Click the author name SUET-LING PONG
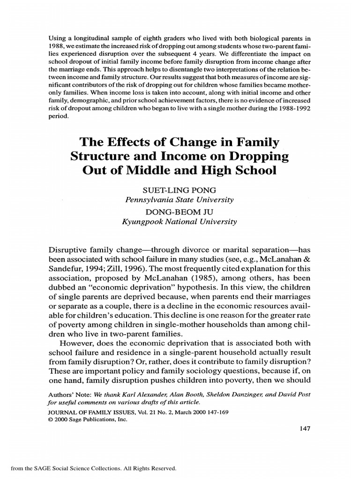pyautogui.click(x=180, y=191)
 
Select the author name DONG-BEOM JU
pyautogui.click(x=180, y=212)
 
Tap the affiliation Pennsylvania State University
pyautogui.click(x=180, y=200)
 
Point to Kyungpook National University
pyautogui.click(x=180, y=221)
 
